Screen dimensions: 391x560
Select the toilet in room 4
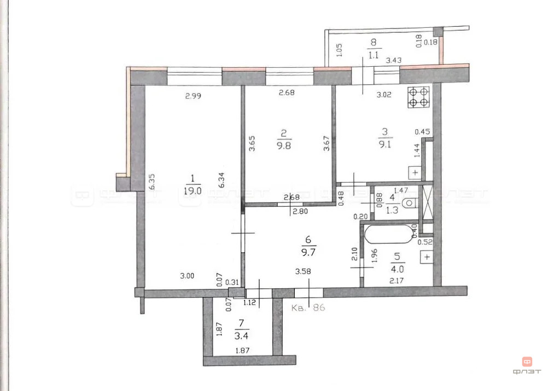408,203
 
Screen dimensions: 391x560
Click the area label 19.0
192,191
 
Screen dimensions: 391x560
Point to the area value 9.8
283,145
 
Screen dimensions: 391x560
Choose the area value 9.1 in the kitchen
385,145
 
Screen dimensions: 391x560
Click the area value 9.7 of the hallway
308,252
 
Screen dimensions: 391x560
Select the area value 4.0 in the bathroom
398,269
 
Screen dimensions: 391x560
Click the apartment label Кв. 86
308,308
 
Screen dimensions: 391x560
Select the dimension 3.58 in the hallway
305,271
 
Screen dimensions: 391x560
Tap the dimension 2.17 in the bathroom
398,281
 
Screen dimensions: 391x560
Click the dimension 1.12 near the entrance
250,301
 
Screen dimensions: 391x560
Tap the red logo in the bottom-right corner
528,361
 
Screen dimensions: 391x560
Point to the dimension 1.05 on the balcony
339,50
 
